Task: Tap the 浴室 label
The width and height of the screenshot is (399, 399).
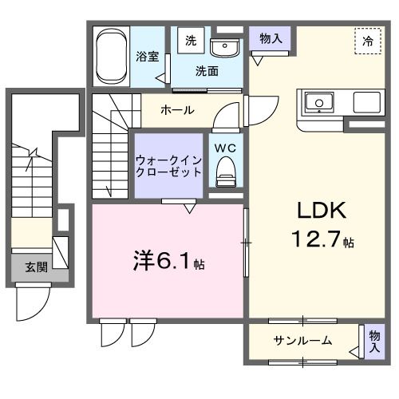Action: tap(146, 57)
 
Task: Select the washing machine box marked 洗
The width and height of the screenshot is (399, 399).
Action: tap(191, 41)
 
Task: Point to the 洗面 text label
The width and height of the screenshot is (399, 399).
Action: tap(207, 70)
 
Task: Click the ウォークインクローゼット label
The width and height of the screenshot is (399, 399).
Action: tap(168, 166)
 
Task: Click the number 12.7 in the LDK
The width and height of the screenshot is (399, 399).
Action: tap(315, 238)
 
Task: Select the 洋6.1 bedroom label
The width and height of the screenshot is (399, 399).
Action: tap(163, 261)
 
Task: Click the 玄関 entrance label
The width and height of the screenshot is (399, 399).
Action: tap(34, 267)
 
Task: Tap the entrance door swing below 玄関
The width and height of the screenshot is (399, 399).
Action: tap(34, 302)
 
